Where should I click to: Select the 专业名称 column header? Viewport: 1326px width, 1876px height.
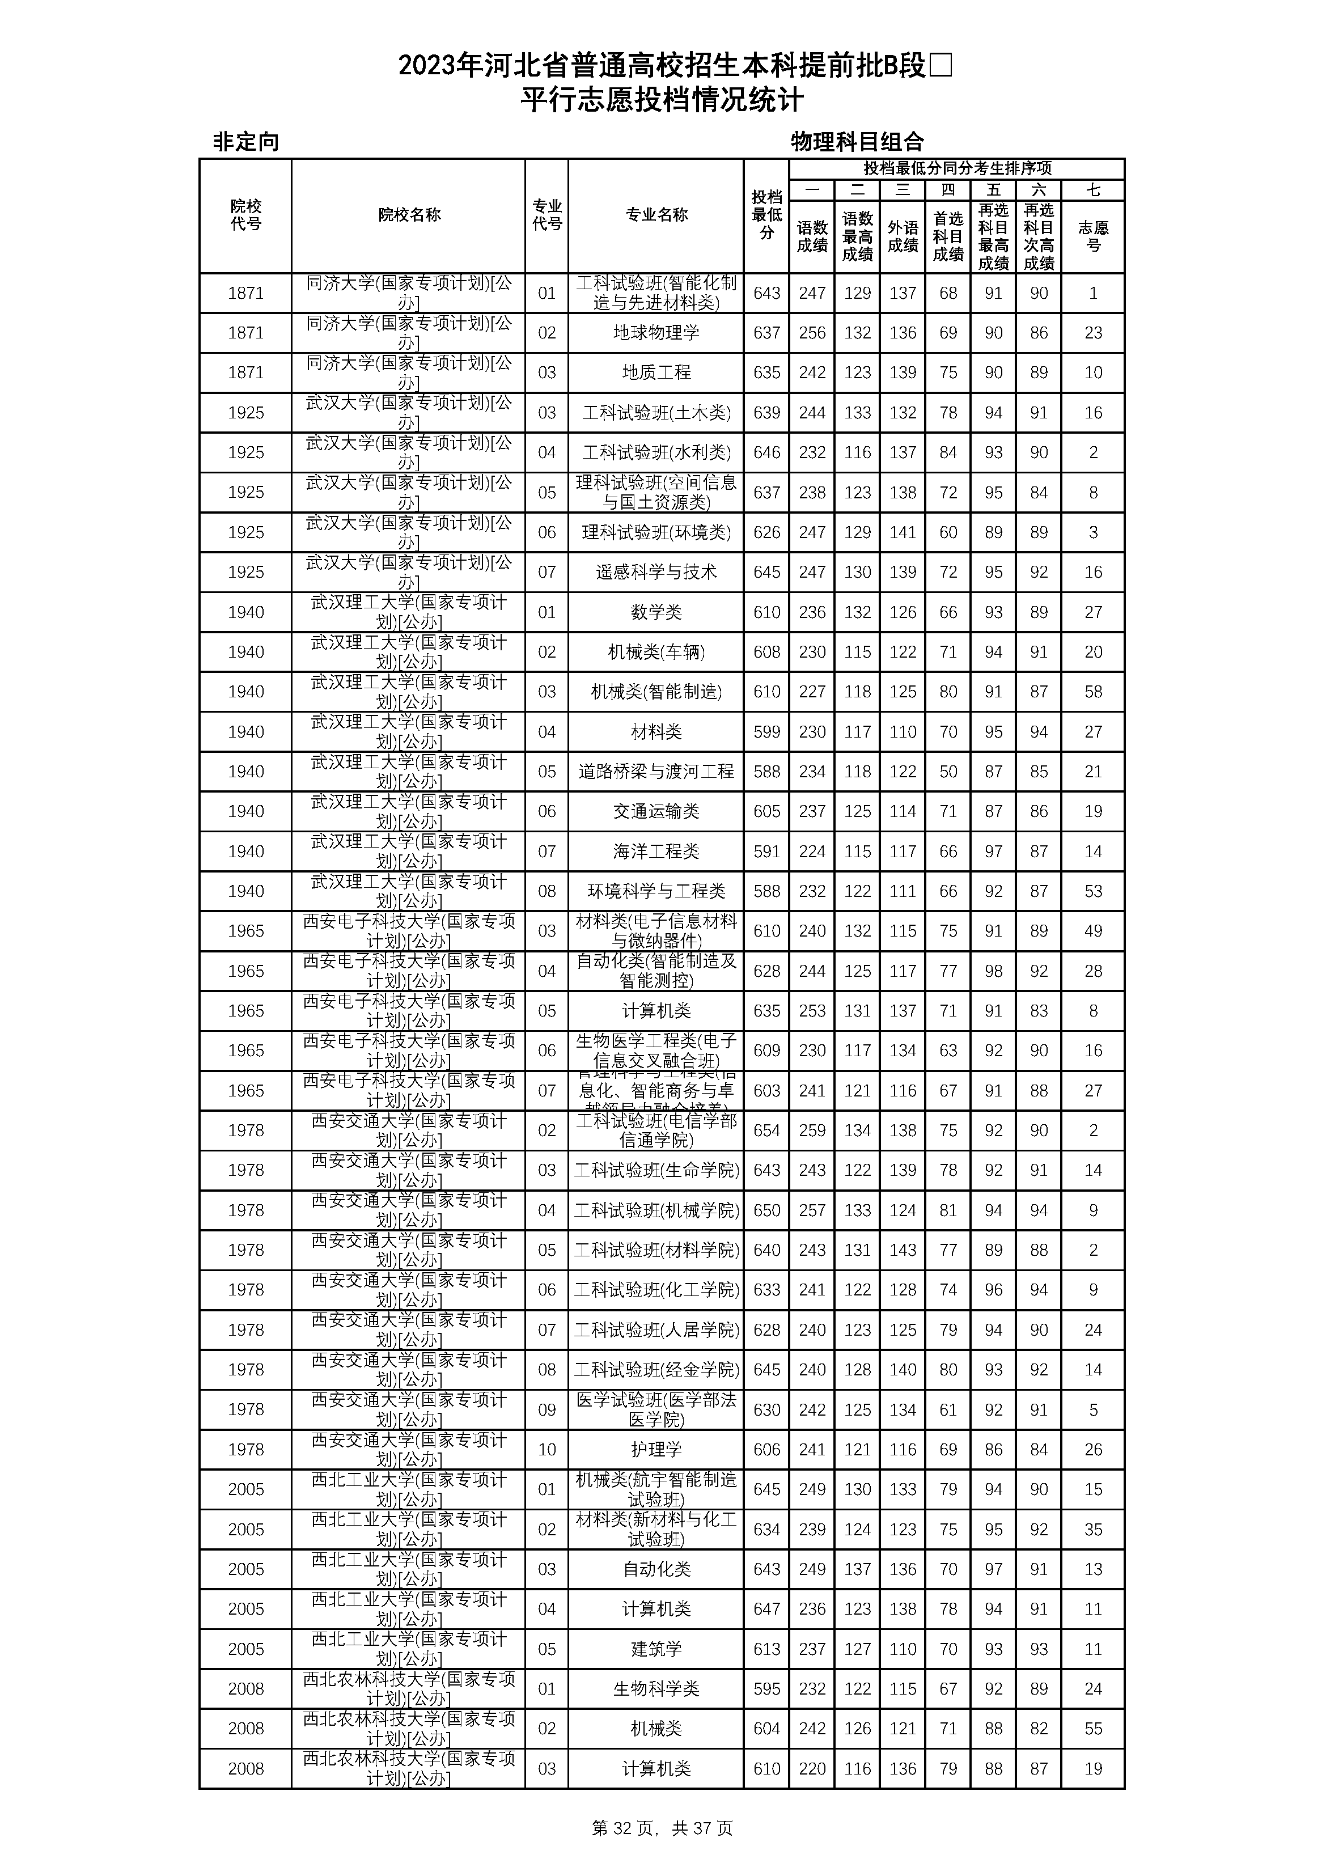[656, 215]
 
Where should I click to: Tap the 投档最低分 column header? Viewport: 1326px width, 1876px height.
[766, 215]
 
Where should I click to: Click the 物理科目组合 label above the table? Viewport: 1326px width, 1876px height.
[856, 142]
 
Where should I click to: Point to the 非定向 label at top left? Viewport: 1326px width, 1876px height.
[246, 142]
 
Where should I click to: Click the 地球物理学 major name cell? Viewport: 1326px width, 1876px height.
[656, 333]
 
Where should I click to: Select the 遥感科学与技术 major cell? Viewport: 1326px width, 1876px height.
[656, 572]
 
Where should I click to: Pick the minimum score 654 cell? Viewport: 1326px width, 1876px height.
[766, 1131]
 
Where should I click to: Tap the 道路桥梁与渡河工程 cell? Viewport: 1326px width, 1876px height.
[656, 771]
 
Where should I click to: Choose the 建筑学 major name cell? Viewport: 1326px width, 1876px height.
[656, 1649]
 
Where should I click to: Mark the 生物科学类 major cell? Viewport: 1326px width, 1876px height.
[656, 1689]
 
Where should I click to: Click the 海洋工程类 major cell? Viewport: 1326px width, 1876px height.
[656, 852]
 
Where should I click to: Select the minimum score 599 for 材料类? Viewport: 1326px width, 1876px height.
[766, 732]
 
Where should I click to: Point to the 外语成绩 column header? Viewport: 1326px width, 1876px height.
[903, 236]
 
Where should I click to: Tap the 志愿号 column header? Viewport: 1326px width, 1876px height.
[1093, 236]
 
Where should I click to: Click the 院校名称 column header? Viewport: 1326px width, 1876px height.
[409, 215]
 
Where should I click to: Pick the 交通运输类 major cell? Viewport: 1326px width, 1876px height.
[656, 811]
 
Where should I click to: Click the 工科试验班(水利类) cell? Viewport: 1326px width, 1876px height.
[656, 452]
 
